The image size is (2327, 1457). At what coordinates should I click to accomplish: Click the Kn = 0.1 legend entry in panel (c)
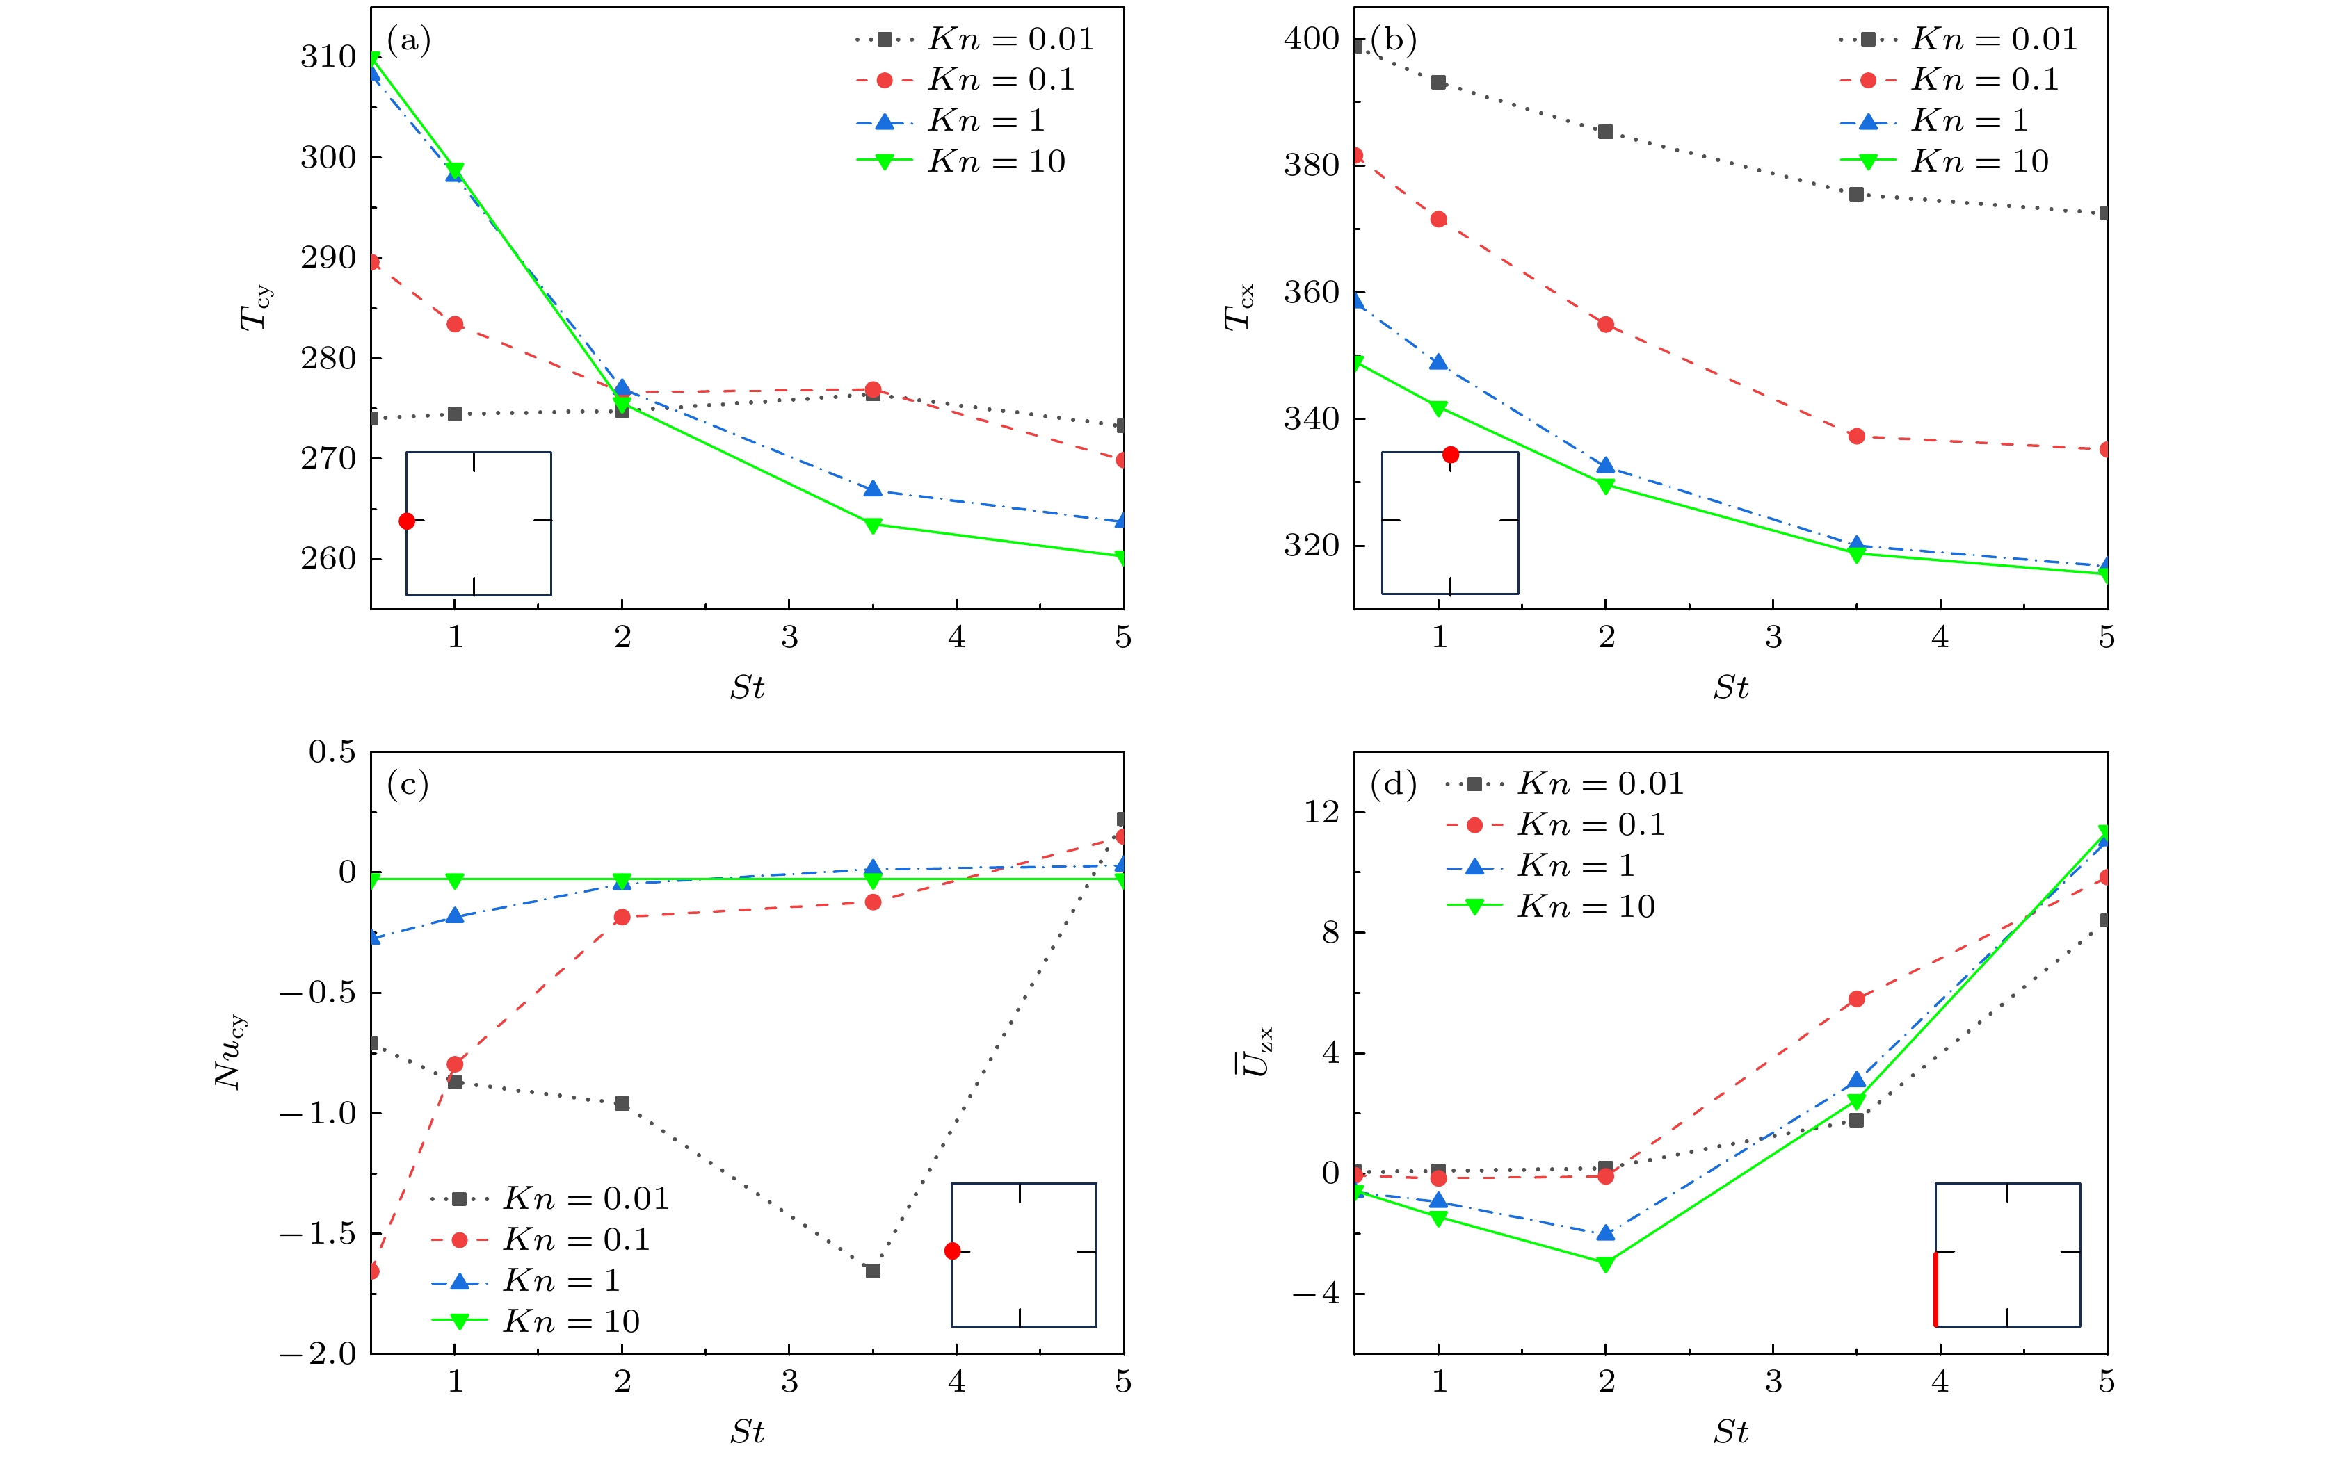(x=540, y=1240)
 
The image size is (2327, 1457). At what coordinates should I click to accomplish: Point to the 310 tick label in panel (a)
(x=328, y=58)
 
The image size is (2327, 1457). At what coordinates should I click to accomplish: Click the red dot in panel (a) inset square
(x=407, y=521)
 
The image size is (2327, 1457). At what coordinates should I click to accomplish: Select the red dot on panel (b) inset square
(x=1451, y=455)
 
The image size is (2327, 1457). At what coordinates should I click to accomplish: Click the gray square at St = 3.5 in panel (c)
(x=872, y=1271)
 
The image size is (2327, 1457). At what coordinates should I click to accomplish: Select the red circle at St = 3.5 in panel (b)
(x=1857, y=437)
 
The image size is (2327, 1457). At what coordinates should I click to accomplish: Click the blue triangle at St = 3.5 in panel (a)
(x=872, y=489)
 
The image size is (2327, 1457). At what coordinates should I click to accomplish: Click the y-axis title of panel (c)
(x=232, y=1052)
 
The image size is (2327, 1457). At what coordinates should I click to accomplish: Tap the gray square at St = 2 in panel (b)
(x=1605, y=132)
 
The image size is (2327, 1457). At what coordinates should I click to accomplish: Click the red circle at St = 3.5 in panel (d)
(x=1857, y=1000)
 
